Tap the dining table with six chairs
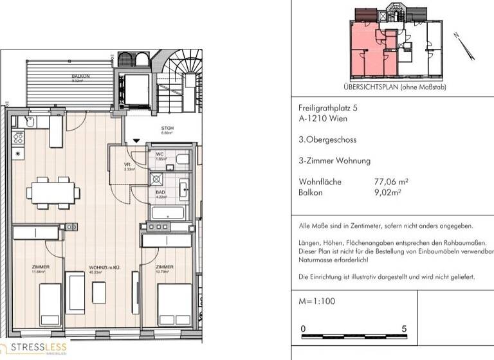tap(54, 192)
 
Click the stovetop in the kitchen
tap(17, 137)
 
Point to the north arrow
tap(460, 42)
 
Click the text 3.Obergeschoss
tap(327, 139)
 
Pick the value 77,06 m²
tap(391, 182)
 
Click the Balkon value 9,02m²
tap(388, 192)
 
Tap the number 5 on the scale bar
tap(404, 328)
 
